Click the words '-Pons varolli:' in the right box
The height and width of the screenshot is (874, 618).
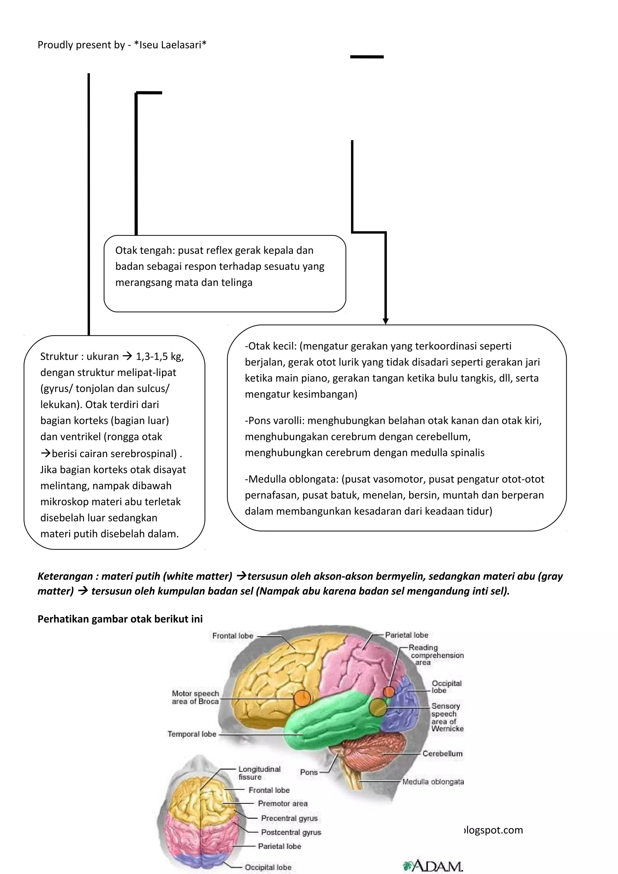[274, 421]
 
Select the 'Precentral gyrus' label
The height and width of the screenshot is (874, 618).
[289, 818]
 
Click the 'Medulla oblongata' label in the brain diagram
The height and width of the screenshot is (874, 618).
[433, 782]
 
